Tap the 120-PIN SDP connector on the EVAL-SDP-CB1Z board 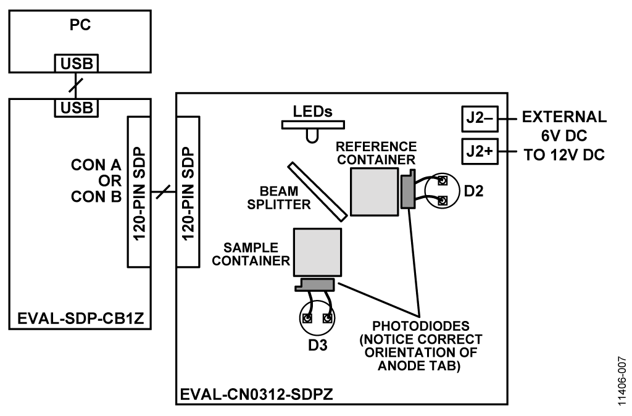click(x=138, y=191)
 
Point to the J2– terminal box click(x=478, y=118)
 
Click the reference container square click(x=374, y=191)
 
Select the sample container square click(x=317, y=252)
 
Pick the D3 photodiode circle click(x=317, y=318)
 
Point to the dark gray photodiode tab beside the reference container click(x=408, y=191)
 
